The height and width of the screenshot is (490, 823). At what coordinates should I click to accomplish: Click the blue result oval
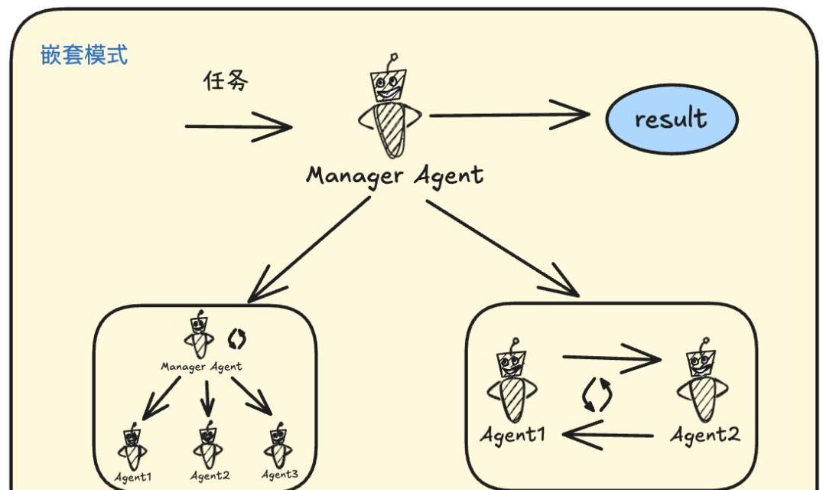tap(672, 119)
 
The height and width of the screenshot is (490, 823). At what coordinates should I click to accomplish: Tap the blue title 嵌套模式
tap(84, 55)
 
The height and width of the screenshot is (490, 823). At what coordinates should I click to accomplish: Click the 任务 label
tap(226, 81)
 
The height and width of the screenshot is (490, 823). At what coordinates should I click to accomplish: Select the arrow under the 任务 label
tap(239, 126)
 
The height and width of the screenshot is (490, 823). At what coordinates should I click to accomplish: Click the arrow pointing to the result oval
tap(509, 115)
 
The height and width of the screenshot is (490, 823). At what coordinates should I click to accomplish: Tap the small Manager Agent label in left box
tap(202, 367)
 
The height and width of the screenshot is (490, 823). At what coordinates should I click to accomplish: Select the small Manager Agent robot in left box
tap(199, 334)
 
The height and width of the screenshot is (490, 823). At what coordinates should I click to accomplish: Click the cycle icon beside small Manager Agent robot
tap(236, 339)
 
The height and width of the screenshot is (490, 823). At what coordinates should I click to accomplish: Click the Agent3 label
tap(280, 475)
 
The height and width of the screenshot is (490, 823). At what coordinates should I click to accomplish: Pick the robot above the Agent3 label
tap(278, 446)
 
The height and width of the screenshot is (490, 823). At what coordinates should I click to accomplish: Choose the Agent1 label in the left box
tap(133, 478)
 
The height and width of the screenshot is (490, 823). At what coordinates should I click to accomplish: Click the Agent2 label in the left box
tap(210, 475)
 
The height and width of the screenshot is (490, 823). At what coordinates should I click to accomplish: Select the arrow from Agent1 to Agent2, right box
tap(612, 358)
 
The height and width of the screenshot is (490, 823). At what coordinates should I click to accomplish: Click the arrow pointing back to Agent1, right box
tap(608, 436)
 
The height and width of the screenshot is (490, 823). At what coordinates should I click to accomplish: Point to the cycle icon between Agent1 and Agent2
tap(597, 395)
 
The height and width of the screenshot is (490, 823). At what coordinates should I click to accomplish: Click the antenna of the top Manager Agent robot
tap(392, 61)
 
